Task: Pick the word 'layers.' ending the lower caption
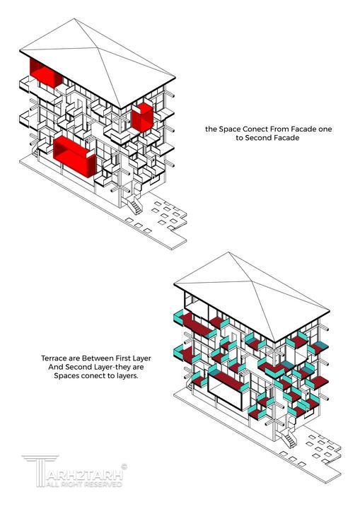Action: [126, 376]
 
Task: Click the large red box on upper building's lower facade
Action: [75, 157]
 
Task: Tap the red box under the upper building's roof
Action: [45, 73]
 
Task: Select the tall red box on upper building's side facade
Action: [142, 117]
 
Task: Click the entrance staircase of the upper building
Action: [135, 204]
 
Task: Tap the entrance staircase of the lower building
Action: [289, 438]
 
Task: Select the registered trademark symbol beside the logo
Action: [124, 467]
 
